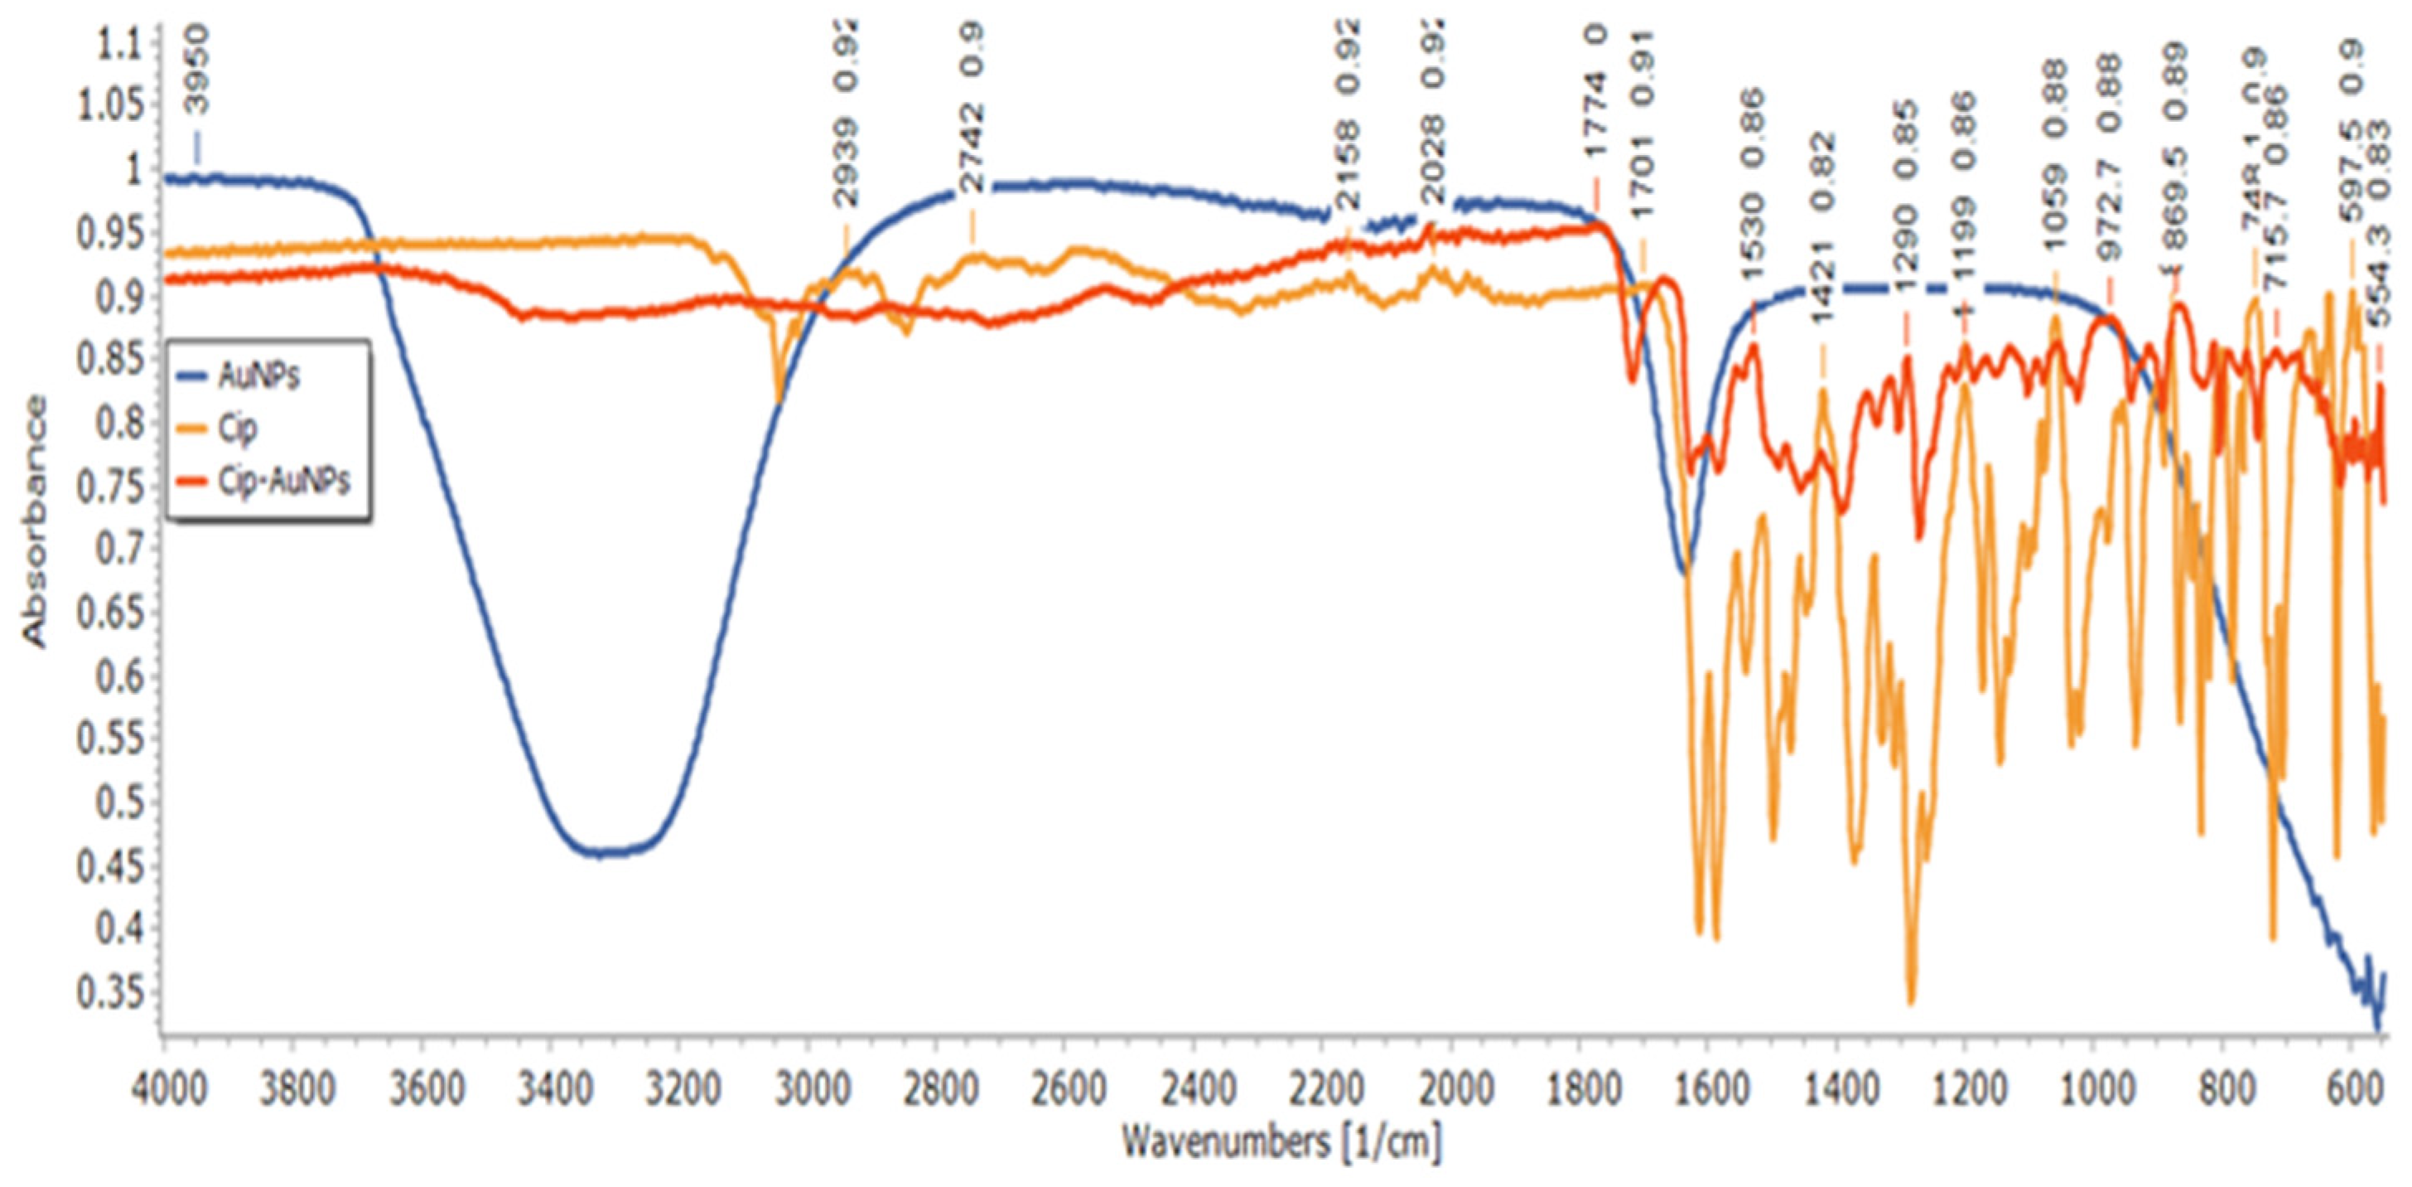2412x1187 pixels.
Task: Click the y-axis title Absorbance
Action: (x=36, y=521)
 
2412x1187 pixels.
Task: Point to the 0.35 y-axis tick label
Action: (x=106, y=994)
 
